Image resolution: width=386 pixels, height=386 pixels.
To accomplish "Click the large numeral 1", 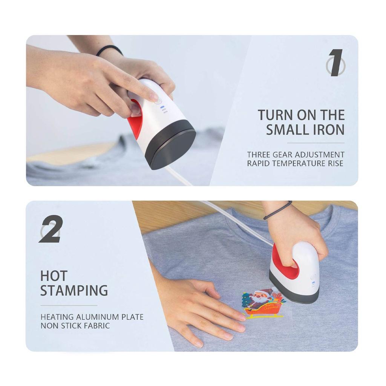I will (335, 63).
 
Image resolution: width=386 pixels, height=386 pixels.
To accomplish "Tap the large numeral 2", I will (51, 229).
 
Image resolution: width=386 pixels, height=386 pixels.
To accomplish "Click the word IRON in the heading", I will (327, 129).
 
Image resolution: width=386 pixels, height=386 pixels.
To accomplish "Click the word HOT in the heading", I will (54, 276).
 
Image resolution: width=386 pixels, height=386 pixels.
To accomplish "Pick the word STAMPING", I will (74, 291).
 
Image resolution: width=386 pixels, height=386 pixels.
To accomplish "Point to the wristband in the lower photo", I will (278, 210).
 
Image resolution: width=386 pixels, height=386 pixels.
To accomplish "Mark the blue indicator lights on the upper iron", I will (163, 109).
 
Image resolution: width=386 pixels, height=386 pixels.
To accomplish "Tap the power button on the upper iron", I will (158, 101).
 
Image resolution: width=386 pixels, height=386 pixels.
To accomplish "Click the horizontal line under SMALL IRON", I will (316, 143).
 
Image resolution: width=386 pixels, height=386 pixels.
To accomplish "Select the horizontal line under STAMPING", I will (69, 305).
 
